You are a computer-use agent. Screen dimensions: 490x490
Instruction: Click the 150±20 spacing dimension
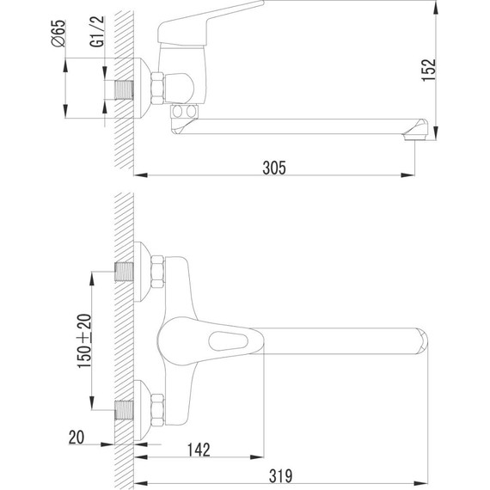(84, 340)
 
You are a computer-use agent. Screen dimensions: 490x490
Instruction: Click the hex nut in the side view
(158, 87)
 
